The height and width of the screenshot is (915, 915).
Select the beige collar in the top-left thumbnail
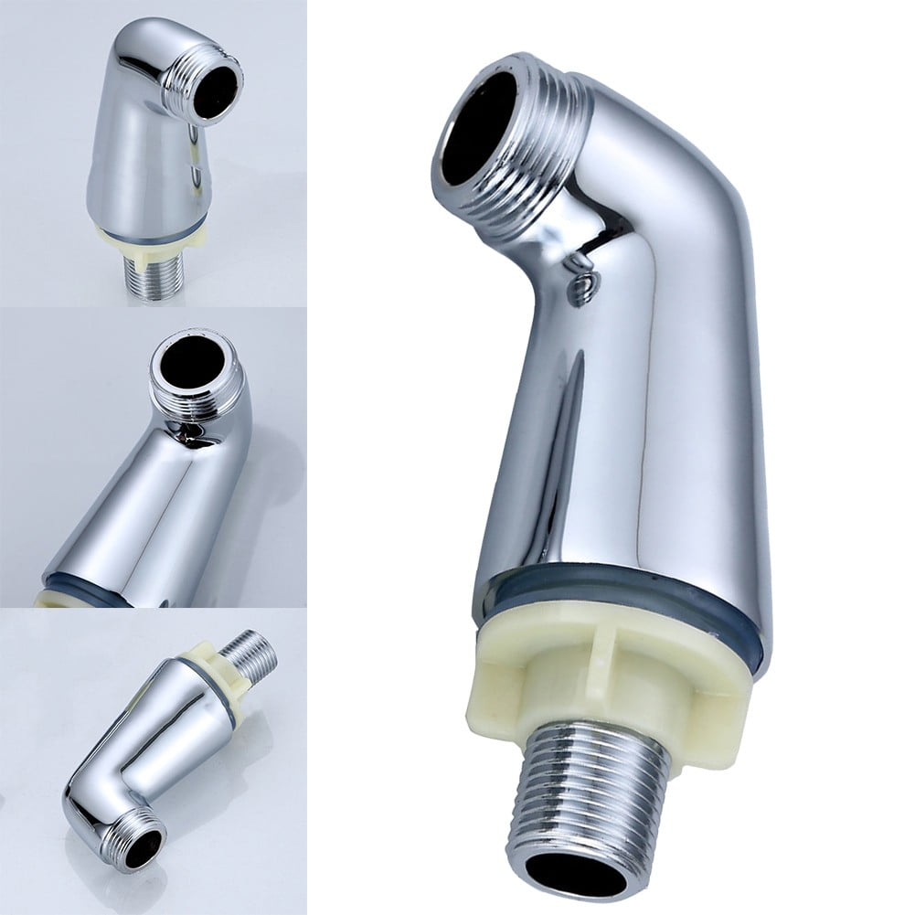coord(151,236)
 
